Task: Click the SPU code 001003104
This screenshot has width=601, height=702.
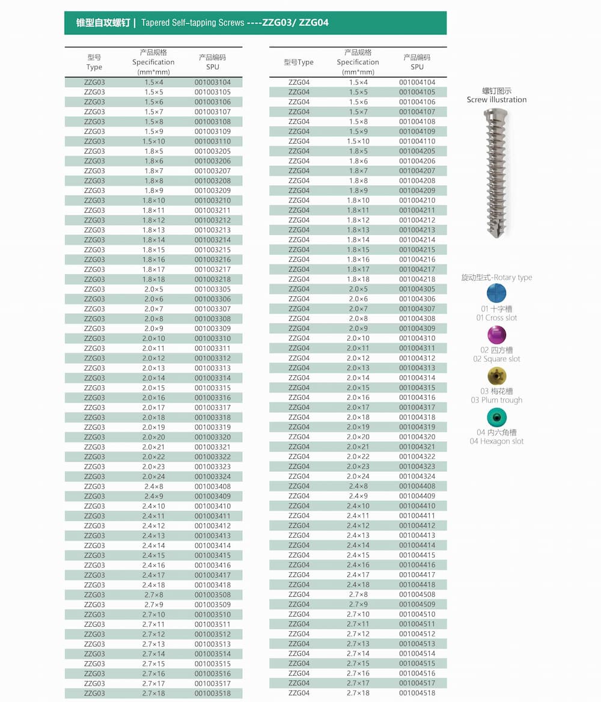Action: click(212, 82)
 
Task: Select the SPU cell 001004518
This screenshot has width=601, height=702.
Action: click(416, 693)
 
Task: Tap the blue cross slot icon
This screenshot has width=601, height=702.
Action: click(496, 293)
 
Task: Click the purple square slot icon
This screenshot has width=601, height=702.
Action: click(496, 334)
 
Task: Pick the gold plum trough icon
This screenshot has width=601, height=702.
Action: click(496, 376)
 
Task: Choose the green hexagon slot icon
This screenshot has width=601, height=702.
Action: click(496, 417)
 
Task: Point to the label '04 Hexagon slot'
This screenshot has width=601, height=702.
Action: click(496, 441)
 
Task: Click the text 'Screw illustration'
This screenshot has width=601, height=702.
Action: click(496, 100)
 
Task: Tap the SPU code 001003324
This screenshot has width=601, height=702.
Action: click(212, 477)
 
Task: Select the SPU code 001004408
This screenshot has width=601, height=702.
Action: click(416, 486)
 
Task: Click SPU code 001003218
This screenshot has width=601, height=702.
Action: click(212, 279)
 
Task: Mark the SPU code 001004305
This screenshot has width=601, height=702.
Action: click(416, 289)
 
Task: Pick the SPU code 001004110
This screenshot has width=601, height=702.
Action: click(416, 141)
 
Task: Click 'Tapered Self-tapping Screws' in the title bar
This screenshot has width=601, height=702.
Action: click(192, 23)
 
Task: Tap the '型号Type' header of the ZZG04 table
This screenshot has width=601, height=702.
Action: click(299, 63)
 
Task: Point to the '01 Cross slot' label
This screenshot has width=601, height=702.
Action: click(496, 318)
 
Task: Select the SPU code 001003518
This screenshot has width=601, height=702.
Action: click(212, 694)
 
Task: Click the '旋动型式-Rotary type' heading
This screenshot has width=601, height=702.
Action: click(496, 278)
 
